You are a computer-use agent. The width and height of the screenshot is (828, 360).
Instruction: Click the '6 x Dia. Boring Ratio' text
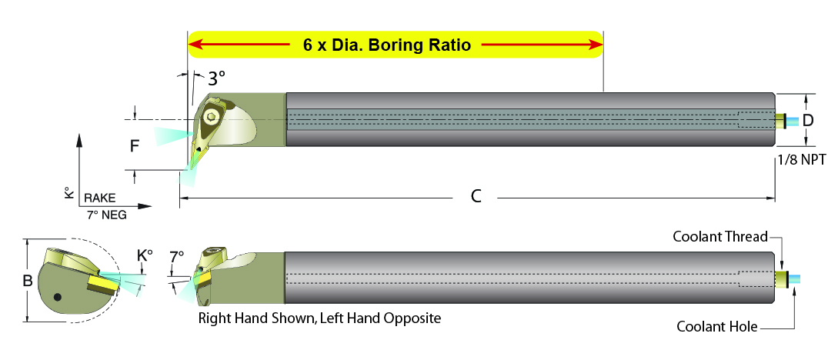click(386, 45)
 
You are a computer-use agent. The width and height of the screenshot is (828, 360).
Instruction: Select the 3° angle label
click(216, 78)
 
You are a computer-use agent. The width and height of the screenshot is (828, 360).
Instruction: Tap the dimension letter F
click(135, 145)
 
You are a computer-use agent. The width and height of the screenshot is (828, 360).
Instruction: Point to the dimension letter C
click(476, 196)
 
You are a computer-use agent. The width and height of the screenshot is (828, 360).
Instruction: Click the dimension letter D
click(809, 120)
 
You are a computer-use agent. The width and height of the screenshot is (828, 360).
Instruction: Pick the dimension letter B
click(27, 282)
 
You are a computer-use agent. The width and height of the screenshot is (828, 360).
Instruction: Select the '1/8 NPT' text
click(800, 160)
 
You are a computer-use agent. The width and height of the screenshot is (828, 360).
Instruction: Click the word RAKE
click(100, 198)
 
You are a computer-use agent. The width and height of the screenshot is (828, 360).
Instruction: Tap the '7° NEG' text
click(107, 215)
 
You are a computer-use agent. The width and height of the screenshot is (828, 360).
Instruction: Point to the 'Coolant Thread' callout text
click(719, 237)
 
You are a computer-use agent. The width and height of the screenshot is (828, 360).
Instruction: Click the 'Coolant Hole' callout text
click(716, 327)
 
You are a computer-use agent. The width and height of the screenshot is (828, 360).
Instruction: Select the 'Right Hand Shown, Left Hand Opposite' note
click(319, 318)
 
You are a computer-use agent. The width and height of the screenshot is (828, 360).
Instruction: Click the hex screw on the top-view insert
click(212, 116)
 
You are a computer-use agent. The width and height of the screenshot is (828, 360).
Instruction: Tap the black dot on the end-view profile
click(58, 298)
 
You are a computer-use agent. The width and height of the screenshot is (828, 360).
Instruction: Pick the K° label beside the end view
click(145, 255)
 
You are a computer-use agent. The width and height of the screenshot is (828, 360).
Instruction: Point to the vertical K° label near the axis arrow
click(68, 192)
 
